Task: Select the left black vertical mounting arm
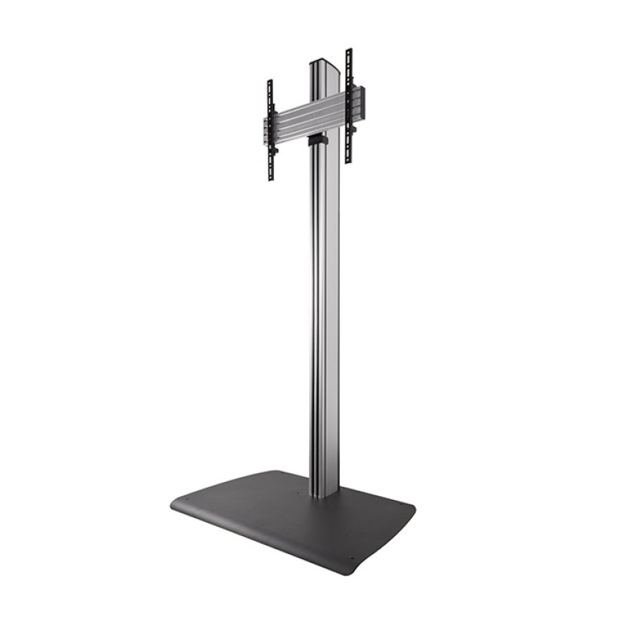click(x=270, y=130)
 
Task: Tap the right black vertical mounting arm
click(x=349, y=106)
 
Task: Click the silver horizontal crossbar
click(x=306, y=121)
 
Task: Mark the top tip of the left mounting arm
click(x=269, y=82)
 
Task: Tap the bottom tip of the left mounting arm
click(x=271, y=178)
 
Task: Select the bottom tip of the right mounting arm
click(x=349, y=160)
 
